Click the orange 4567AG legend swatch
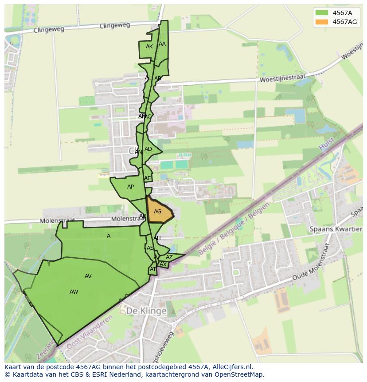(322, 22)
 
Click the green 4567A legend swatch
(322, 12)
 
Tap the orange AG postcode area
(158, 212)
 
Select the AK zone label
(149, 47)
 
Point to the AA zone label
(162, 44)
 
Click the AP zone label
(130, 187)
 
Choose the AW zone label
(74, 292)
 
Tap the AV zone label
(88, 276)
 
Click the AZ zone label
(169, 257)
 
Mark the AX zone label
(163, 264)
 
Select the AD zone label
(148, 149)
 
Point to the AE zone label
(148, 178)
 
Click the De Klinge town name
(146, 311)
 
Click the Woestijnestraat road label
(283, 78)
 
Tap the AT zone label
(153, 269)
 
